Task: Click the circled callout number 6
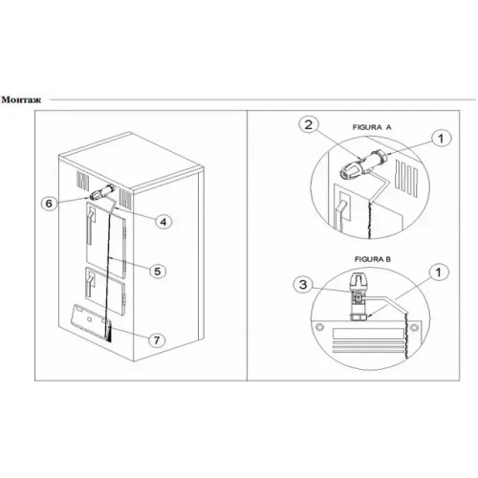tap(49, 203)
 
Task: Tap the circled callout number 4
tap(163, 222)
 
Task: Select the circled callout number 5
tap(158, 272)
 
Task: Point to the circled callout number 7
tap(157, 340)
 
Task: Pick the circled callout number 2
tap(309, 124)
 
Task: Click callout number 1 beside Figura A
tap(441, 139)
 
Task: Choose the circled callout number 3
tap(303, 284)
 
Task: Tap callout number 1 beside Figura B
tap(439, 272)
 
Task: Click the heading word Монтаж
tap(21, 99)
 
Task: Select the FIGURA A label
tap(372, 127)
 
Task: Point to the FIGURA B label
tap(373, 259)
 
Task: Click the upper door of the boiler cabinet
tap(106, 240)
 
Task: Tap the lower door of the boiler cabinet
tap(105, 291)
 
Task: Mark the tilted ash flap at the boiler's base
tap(92, 321)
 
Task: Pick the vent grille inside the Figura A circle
tap(406, 177)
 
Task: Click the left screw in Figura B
tap(319, 327)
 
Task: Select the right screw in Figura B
tap(414, 327)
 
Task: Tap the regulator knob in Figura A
tap(352, 168)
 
